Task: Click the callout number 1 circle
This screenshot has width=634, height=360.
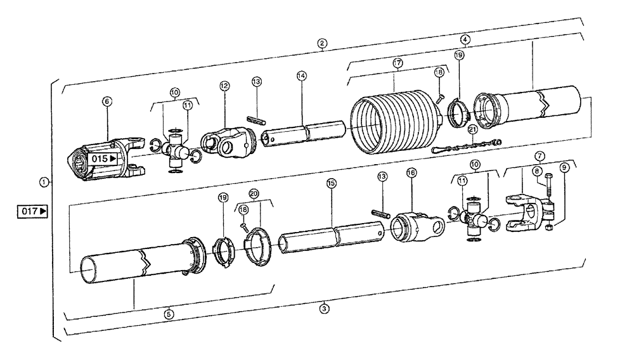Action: [44, 182]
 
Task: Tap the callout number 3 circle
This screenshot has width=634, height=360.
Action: [324, 309]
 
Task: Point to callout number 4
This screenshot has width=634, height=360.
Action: [465, 39]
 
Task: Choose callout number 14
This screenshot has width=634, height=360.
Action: [301, 75]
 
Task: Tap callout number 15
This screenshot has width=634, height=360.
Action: [330, 183]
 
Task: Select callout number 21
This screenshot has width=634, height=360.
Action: [472, 129]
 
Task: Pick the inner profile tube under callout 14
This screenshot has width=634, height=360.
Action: [304, 134]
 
